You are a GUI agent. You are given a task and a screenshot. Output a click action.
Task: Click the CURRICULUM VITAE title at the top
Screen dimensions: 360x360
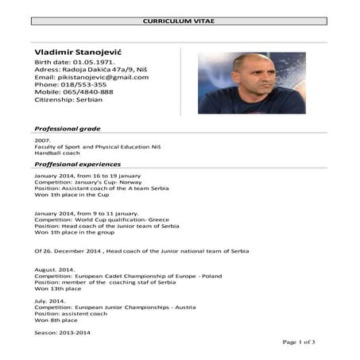click(180, 21)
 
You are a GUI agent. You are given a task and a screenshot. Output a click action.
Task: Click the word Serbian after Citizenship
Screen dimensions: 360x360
click(95, 100)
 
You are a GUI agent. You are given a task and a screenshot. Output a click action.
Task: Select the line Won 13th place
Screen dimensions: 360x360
click(58, 288)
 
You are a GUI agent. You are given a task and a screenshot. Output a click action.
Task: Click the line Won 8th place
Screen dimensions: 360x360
click(56, 319)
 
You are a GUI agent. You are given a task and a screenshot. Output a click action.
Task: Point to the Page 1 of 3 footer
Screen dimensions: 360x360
click(300, 342)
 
